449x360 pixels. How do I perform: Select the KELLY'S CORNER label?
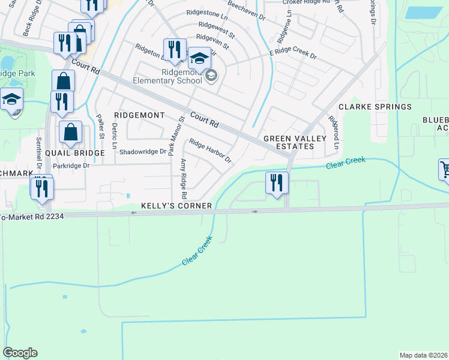pos(176,206)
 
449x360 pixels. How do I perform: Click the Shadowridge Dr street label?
pos(142,152)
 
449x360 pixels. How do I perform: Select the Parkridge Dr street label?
pos(71,166)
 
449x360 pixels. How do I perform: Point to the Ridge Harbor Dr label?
pos(210,151)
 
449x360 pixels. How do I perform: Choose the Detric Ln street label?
pos(114,131)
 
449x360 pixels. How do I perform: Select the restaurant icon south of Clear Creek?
pos(277,182)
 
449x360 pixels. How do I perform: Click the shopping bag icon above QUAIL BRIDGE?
pos(71,132)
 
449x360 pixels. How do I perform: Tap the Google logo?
pos(20,353)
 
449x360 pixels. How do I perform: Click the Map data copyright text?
pos(423,355)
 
